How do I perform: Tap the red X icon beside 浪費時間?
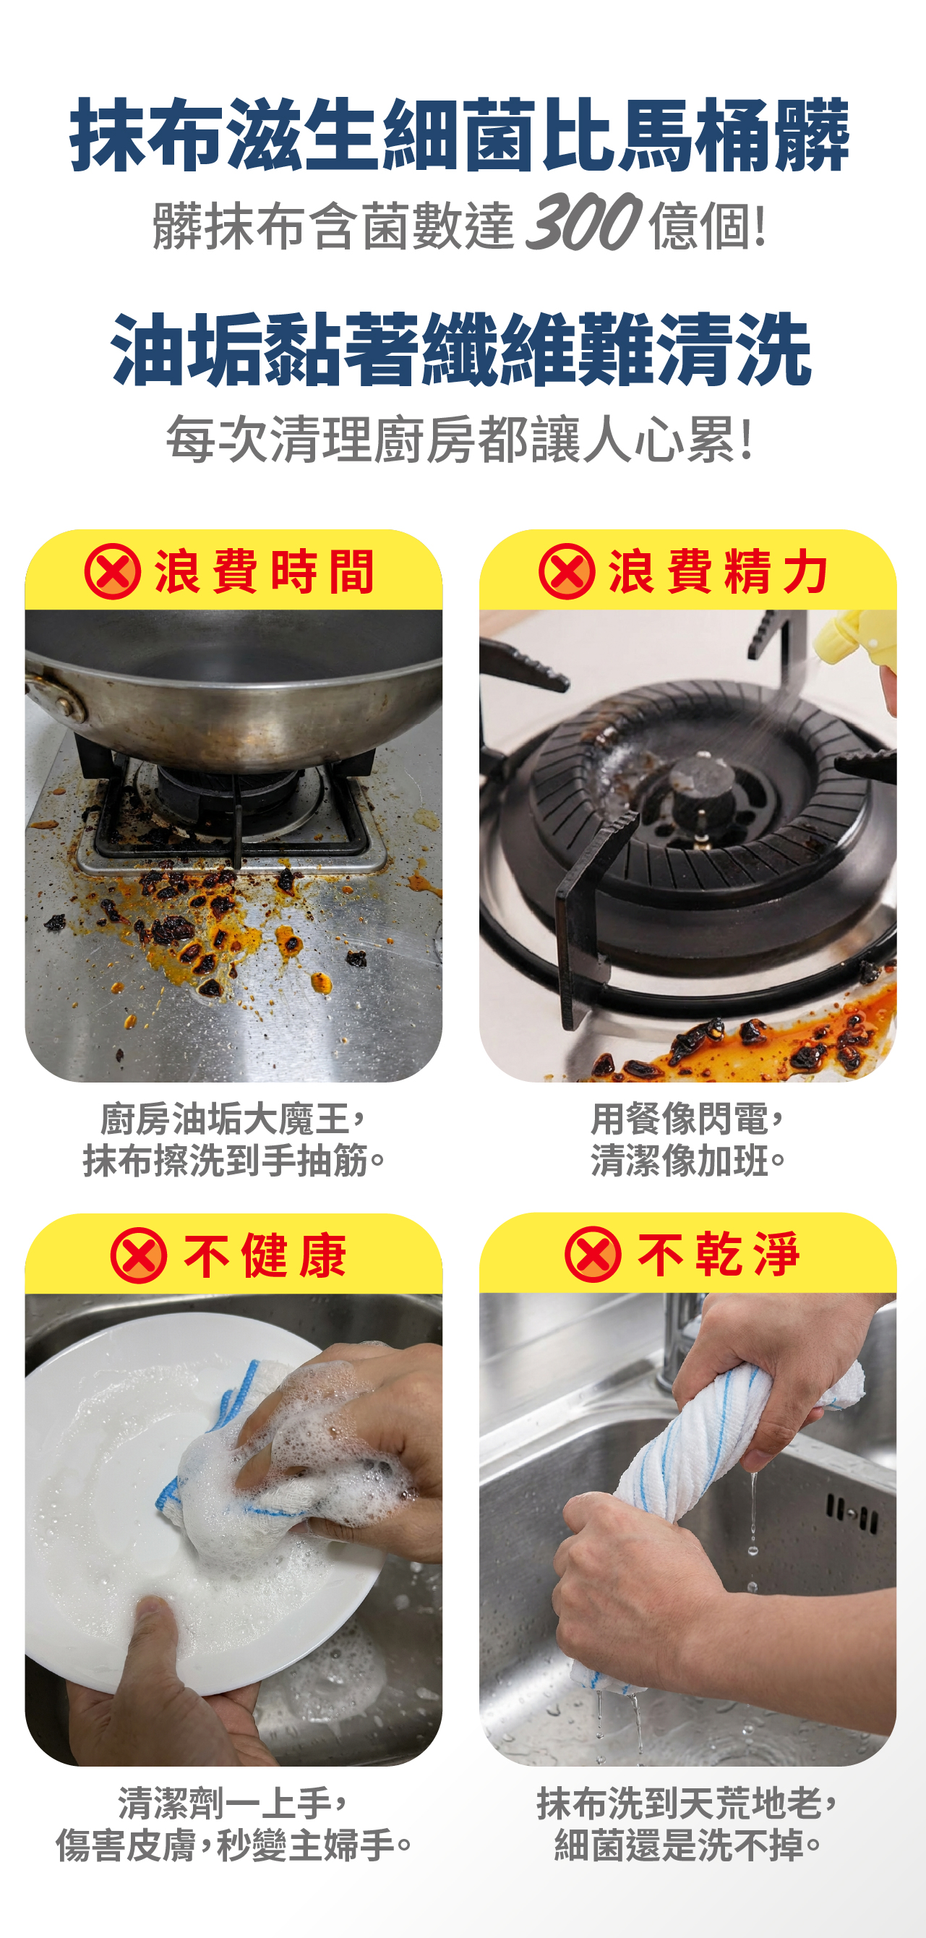tap(113, 571)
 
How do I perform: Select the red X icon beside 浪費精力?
tap(567, 571)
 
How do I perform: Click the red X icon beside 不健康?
tap(138, 1255)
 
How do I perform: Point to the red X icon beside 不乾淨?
tap(593, 1254)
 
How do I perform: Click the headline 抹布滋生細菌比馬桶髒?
tap(460, 135)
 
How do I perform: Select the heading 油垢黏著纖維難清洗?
tap(461, 349)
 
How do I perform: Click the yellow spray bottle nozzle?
tap(850, 641)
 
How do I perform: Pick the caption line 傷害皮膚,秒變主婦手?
tap(234, 1844)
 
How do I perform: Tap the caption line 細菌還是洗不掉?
tap(688, 1844)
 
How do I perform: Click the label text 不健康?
tap(265, 1255)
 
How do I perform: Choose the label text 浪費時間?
tap(264, 572)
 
